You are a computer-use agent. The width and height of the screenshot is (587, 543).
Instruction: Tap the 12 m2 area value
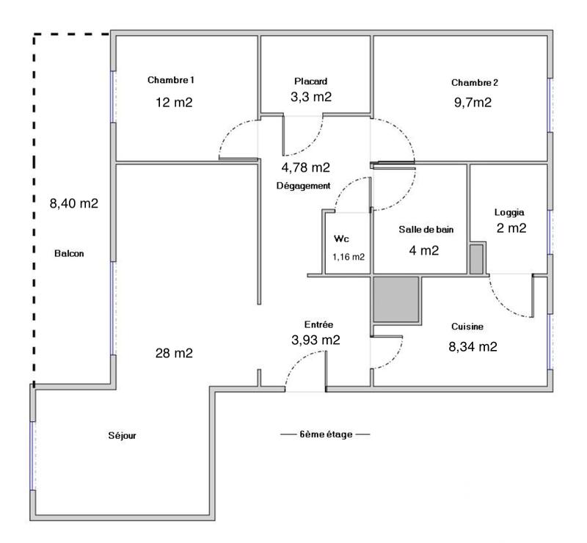click(173, 102)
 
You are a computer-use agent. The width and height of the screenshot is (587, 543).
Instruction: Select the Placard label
click(310, 81)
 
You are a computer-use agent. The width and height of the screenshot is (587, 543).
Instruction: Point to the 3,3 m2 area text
click(310, 96)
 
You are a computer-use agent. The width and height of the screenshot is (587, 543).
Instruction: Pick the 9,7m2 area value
click(473, 102)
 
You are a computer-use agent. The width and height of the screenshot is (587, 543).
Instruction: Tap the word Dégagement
click(303, 186)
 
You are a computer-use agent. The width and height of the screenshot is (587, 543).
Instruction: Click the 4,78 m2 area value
click(306, 167)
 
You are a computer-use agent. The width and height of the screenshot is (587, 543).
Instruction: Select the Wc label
click(341, 239)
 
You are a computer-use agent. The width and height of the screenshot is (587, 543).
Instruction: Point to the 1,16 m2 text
click(349, 257)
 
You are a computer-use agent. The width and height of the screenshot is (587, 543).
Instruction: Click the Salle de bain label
click(426, 230)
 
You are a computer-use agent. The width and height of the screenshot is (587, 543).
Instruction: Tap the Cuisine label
click(467, 327)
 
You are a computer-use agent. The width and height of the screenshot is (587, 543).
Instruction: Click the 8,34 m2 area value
click(473, 346)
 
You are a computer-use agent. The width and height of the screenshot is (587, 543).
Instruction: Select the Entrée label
click(319, 324)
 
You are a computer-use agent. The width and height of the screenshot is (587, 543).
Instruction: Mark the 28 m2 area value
click(173, 354)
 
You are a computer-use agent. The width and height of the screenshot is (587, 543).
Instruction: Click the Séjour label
click(122, 436)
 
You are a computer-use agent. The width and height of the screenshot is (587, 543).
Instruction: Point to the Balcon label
click(69, 254)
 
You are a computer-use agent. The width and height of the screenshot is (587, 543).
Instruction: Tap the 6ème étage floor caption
click(325, 434)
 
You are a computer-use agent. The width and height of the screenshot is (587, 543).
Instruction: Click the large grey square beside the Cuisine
click(396, 299)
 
